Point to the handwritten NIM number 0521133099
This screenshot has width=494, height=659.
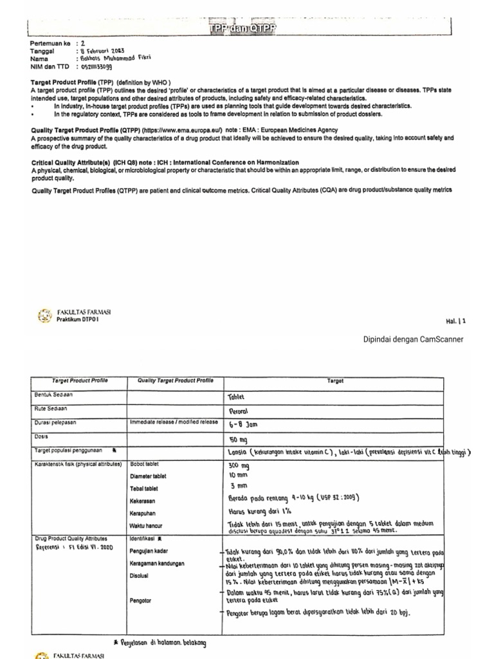point(96,66)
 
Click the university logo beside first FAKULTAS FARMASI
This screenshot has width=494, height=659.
point(45,315)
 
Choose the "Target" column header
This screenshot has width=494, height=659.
point(335,381)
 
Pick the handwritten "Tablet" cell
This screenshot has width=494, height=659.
point(237,396)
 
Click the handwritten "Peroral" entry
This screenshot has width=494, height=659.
point(239,411)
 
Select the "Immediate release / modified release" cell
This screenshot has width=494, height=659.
point(174,422)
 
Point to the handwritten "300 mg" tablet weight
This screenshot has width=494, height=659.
point(239,465)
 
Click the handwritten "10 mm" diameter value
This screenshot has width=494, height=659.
point(239,475)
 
